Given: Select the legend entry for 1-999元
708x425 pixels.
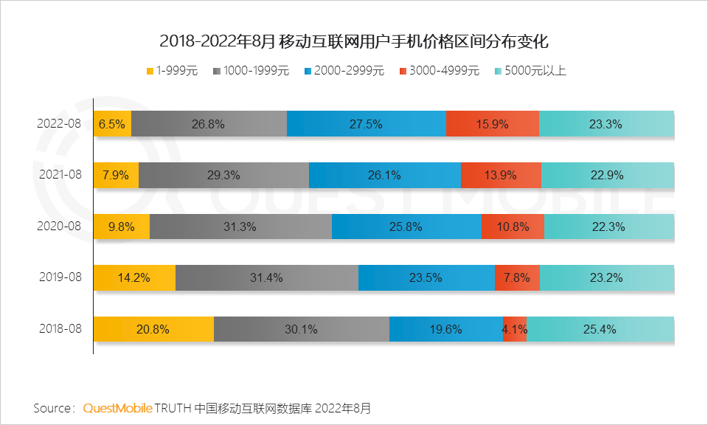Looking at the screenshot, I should point(173,72).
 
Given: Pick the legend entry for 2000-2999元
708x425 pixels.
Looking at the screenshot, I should point(344,72).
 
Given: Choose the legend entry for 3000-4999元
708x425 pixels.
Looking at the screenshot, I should point(439,72).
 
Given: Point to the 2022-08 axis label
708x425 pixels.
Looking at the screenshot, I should point(59,124).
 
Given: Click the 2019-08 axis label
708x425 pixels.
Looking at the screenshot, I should point(59,277).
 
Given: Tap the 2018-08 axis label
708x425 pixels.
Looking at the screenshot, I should point(59,329).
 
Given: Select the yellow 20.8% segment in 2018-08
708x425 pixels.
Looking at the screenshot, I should point(153,329).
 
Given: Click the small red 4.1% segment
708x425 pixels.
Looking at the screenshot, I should point(514,329).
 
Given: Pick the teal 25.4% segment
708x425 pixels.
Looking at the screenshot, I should point(600,329).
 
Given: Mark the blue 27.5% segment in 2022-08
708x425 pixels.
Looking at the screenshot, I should point(366,124).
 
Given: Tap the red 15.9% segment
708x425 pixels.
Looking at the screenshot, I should point(492,124).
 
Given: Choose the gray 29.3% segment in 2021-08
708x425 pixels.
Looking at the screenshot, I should point(223,175).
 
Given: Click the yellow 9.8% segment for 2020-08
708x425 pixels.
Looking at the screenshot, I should point(121,227).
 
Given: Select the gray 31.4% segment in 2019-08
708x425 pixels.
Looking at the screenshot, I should point(266,277).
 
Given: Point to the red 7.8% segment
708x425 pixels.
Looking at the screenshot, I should point(516,277).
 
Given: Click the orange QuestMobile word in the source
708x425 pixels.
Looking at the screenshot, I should point(118,407).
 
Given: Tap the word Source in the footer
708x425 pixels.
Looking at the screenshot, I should point(51,407).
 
